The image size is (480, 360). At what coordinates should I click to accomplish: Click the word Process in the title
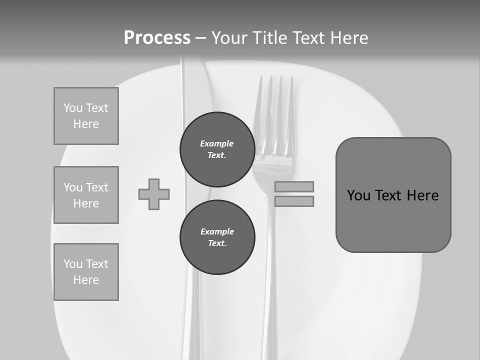[157, 38]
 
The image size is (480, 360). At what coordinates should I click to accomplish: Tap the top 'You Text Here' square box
[86, 116]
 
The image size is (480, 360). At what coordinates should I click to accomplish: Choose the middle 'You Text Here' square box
[86, 195]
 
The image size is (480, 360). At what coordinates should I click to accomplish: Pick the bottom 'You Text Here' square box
[86, 272]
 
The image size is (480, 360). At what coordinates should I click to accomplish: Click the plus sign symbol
[154, 194]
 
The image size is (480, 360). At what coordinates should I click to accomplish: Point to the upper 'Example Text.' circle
[217, 149]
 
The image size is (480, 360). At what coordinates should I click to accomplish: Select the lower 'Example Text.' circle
[217, 237]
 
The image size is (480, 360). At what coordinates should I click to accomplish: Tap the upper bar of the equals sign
[294, 186]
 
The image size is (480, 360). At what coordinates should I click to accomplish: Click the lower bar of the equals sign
[294, 201]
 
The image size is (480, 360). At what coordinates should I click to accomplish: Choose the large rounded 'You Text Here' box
[393, 195]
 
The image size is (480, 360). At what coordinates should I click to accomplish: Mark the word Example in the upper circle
[216, 143]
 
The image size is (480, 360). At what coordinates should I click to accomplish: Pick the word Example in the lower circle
[217, 231]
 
